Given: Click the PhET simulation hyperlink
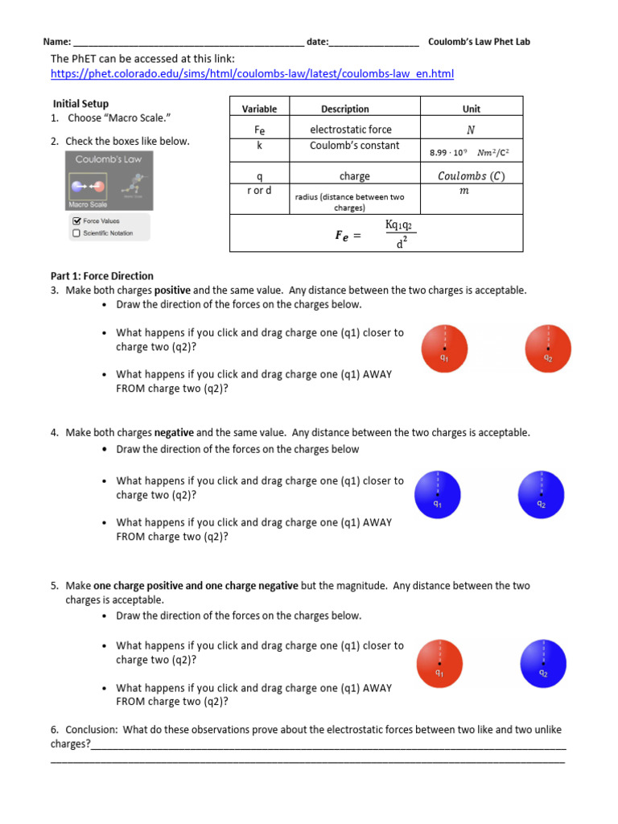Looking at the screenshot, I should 252,74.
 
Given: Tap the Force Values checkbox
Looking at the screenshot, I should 76,220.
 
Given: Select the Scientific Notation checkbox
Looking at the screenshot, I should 76,233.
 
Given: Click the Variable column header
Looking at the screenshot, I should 259,109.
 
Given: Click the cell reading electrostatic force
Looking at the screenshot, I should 351,130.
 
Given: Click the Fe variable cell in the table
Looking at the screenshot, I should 259,130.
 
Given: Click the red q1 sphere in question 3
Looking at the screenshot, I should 444,348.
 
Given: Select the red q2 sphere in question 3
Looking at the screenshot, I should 548,348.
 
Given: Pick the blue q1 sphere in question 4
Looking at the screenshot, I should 437,495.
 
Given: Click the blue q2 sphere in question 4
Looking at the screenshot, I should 542,495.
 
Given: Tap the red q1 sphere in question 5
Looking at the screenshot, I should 439,663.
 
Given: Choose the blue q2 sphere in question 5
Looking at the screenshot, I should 544,663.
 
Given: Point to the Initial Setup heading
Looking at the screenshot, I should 80,104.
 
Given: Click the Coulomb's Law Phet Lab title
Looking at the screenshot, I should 479,42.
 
